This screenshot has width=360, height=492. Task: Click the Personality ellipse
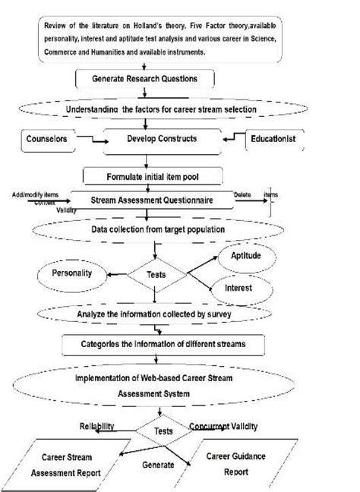coord(68,272)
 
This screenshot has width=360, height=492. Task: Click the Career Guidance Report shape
coord(245,465)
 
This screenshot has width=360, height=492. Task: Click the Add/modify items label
coord(35,195)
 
